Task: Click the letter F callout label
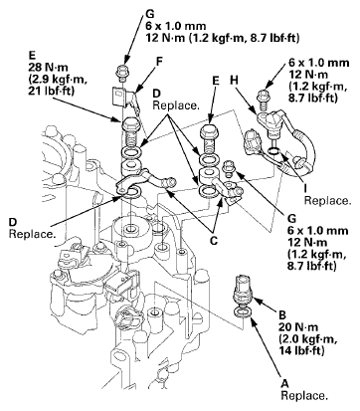(x=160, y=62)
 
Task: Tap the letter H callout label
(x=234, y=80)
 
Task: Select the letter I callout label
(x=305, y=188)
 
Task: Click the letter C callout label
(x=214, y=241)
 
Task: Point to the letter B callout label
(x=282, y=314)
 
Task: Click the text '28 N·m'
(x=48, y=68)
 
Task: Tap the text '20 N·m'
(x=298, y=327)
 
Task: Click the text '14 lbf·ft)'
(x=301, y=351)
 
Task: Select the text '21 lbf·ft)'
(x=52, y=91)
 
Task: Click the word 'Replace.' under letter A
(x=304, y=396)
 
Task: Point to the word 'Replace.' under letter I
(x=327, y=201)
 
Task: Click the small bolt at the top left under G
(x=122, y=74)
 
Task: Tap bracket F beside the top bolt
(x=125, y=98)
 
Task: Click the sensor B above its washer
(x=244, y=289)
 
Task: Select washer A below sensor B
(x=244, y=311)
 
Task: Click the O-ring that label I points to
(x=274, y=151)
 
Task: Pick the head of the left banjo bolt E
(x=132, y=124)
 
